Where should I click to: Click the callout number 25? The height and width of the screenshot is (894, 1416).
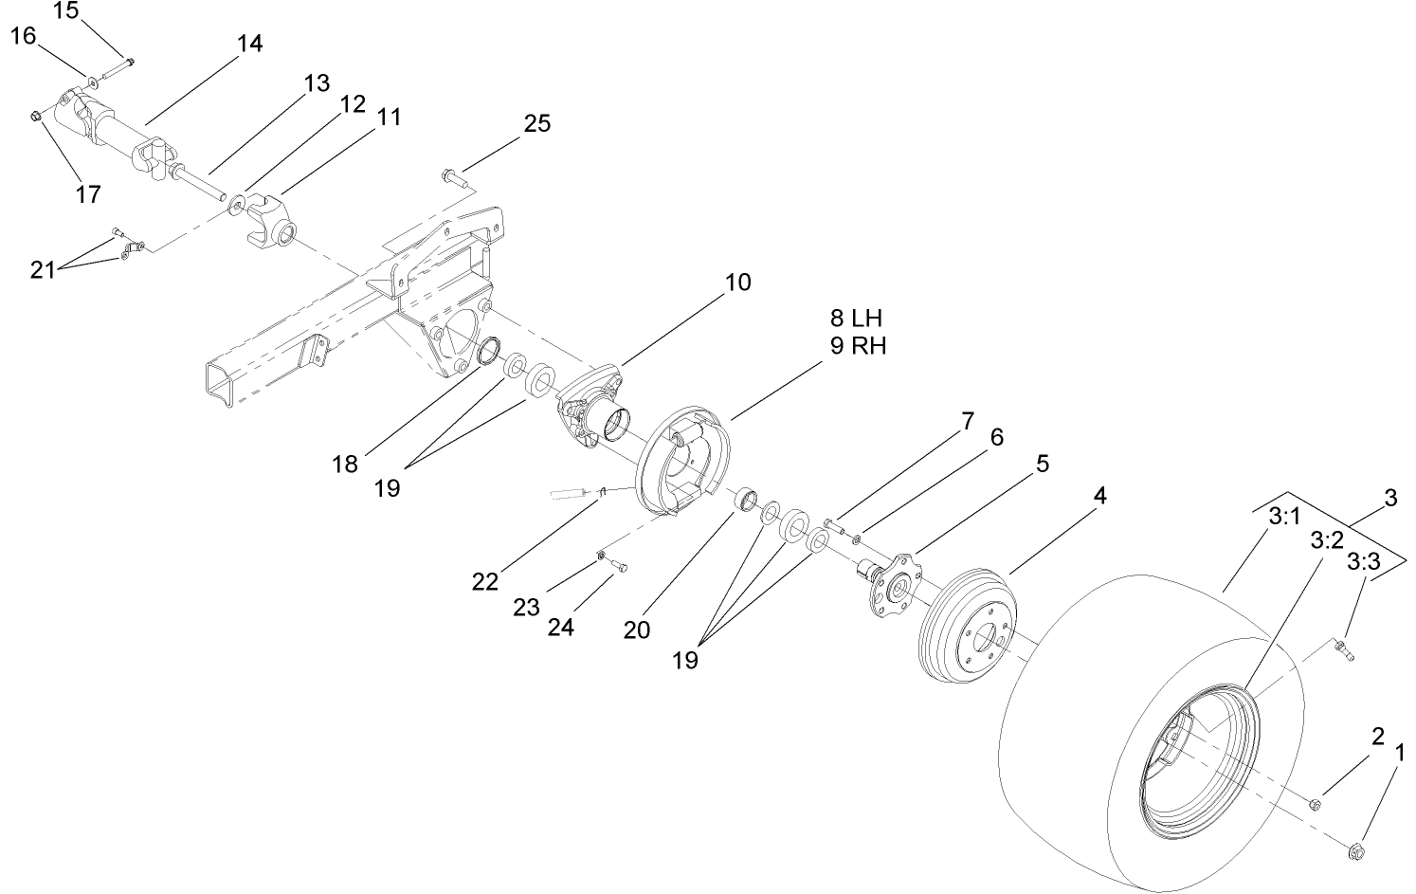536,124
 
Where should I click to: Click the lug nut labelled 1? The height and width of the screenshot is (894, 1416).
1356,850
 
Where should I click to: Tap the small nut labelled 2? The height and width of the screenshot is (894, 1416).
1315,805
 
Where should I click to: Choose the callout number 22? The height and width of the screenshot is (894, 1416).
484,581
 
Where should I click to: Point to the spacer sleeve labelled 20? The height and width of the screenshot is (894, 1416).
750,499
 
